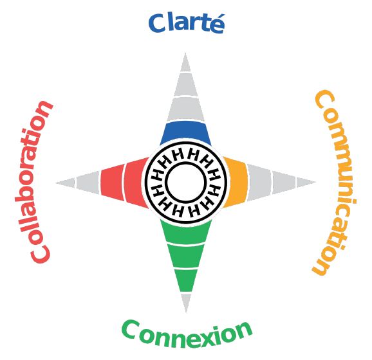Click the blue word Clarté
pyautogui.click(x=186, y=23)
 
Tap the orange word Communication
pyautogui.click(x=334, y=183)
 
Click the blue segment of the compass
pyautogui.click(x=185, y=133)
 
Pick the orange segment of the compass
pyautogui.click(x=236, y=183)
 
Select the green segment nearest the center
pyautogui.click(x=186, y=231)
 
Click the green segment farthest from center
pyautogui.click(x=186, y=280)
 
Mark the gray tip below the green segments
pyautogui.click(x=186, y=301)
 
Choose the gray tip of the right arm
pyautogui.click(x=305, y=183)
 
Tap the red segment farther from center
pyautogui.click(x=112, y=183)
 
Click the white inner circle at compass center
pyautogui.click(x=186, y=182)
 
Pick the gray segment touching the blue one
pyautogui.click(x=185, y=109)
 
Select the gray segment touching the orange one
pyautogui.click(x=259, y=183)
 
